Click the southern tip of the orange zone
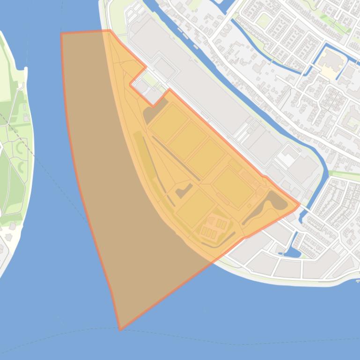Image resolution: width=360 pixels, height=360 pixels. click(x=120, y=330)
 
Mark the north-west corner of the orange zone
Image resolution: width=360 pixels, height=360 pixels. click(x=62, y=34)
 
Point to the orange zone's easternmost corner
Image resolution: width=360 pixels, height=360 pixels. click(x=299, y=204)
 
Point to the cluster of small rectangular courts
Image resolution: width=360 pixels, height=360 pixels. click(x=213, y=228)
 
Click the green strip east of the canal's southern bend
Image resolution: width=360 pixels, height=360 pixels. click(x=344, y=174)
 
